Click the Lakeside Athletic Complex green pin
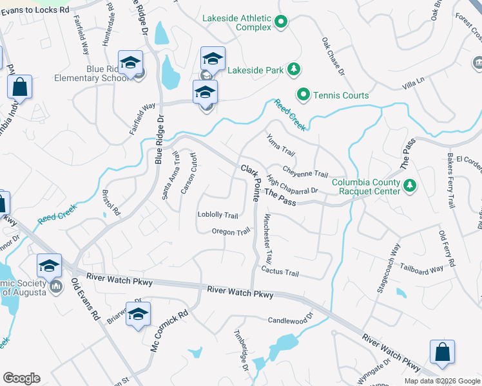click(281, 23)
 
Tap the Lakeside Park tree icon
click(293, 68)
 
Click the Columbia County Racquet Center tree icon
click(409, 187)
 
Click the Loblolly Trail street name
click(218, 216)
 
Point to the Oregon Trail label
click(231, 232)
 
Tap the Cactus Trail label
click(280, 273)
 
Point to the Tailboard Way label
click(421, 269)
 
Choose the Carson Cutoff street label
click(188, 173)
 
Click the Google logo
click(21, 378)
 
